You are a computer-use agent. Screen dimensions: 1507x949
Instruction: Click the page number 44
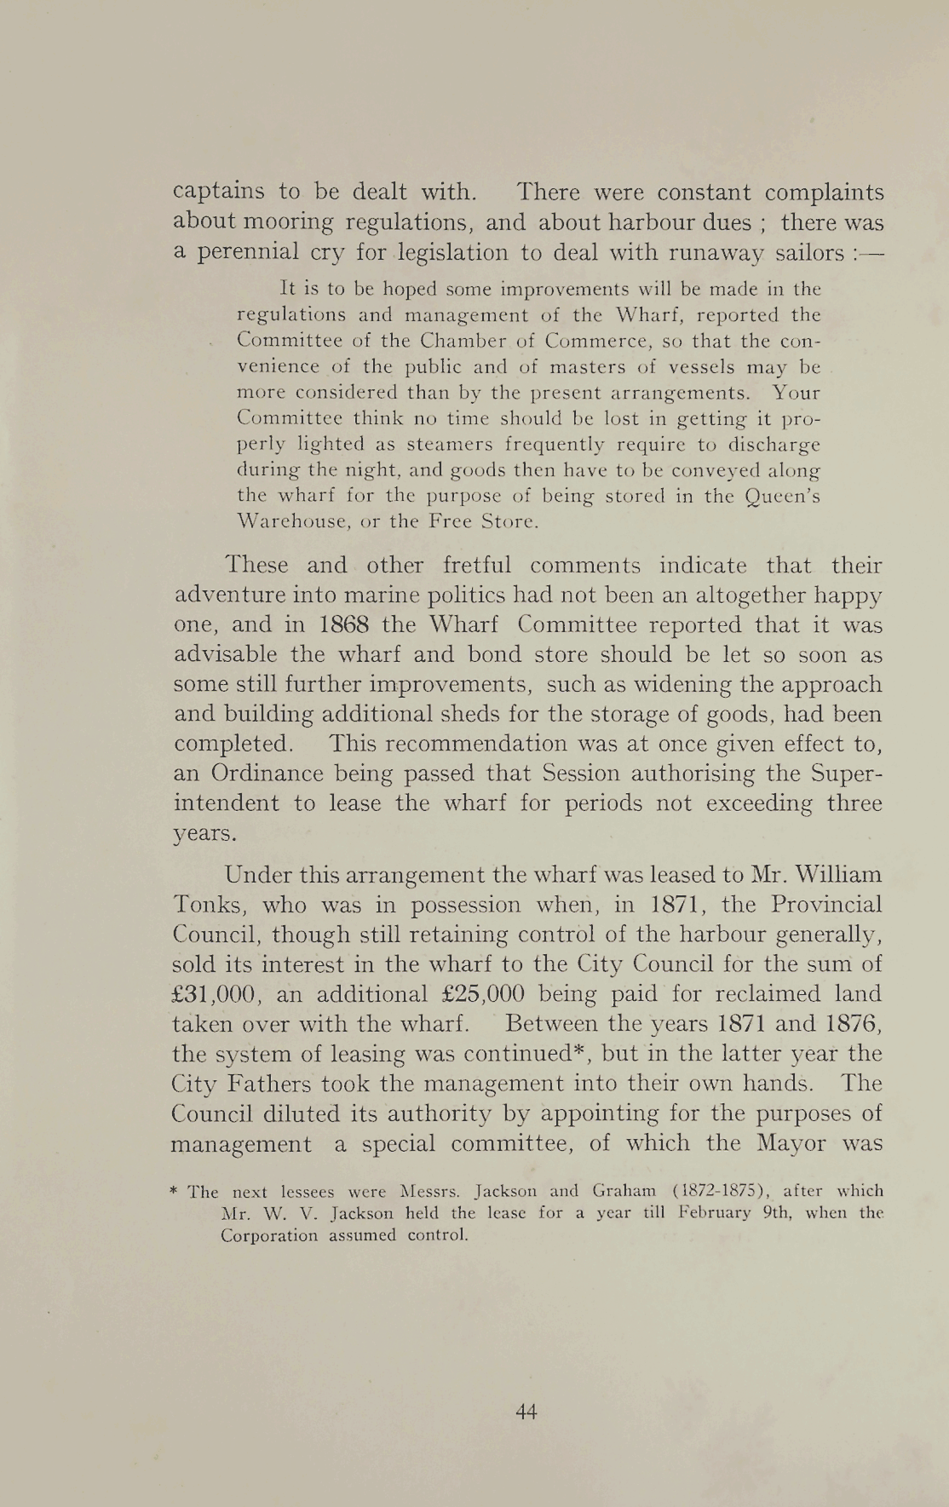coord(526,1412)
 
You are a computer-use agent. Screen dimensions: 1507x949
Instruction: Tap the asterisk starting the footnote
coord(175,1191)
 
